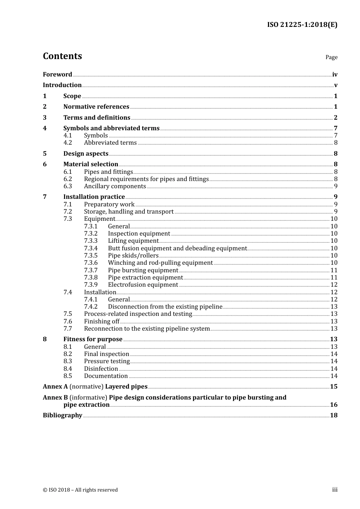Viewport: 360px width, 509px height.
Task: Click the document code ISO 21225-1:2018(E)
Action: point(302,25)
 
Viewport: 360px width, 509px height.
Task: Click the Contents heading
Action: point(62,56)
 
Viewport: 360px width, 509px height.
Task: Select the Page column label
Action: point(331,57)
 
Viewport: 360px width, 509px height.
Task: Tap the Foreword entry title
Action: point(57,75)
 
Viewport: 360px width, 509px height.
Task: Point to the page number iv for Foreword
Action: point(335,75)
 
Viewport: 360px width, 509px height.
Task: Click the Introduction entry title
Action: point(62,85)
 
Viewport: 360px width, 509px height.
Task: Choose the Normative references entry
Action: point(96,107)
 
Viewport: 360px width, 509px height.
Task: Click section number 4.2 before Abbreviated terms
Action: point(67,143)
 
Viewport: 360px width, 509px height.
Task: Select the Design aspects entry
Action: point(86,154)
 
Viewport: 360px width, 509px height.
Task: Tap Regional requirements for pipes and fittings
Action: point(146,179)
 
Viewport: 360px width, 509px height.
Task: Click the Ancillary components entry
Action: point(115,186)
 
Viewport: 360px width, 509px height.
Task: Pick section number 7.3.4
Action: point(91,248)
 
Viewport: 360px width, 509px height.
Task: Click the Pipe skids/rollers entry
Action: point(133,256)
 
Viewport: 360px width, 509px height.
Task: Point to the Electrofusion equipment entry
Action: point(143,285)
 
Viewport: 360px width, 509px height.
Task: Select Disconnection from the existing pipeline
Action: point(165,307)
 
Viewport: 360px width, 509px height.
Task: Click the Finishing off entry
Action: point(102,322)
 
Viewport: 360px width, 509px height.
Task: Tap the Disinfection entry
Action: point(101,369)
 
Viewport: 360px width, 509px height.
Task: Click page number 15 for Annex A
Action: point(333,387)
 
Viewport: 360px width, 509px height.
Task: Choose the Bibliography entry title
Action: point(63,415)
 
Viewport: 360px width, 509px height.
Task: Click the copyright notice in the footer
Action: point(80,490)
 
